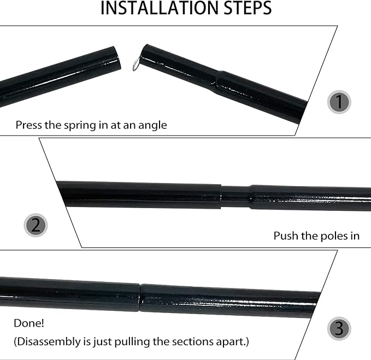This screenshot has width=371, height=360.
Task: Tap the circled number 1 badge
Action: (339, 102)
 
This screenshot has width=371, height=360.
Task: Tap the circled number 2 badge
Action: (36, 225)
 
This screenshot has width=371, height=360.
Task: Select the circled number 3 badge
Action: (339, 328)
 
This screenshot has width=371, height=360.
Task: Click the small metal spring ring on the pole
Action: (136, 66)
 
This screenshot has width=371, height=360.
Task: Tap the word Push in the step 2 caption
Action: (285, 236)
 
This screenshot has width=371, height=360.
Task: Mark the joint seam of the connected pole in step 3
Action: (140, 297)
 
